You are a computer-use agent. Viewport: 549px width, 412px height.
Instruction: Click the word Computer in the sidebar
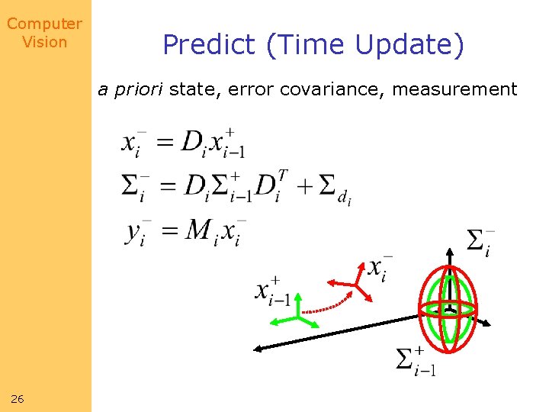pos(44,24)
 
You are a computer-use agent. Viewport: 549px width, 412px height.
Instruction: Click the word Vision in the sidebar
pos(44,42)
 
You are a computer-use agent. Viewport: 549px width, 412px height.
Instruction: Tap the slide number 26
pos(18,398)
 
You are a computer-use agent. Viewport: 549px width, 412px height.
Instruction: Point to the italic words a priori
pos(130,90)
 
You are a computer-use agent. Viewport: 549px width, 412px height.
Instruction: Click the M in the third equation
pos(198,229)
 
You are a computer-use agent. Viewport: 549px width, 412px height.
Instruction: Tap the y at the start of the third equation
pos(134,231)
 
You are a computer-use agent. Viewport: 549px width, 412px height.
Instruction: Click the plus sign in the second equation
pos(305,185)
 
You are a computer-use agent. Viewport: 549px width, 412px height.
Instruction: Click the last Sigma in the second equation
pos(328,185)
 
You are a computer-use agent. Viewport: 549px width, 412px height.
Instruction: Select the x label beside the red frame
pos(379,269)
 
